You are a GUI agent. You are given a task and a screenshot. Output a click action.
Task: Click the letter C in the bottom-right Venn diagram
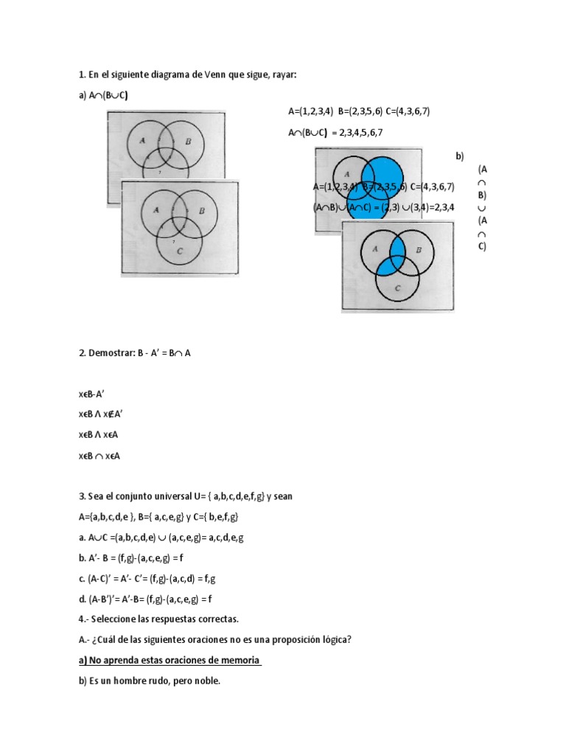pyautogui.click(x=397, y=288)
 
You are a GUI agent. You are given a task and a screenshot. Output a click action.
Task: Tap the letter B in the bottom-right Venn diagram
pyautogui.click(x=419, y=250)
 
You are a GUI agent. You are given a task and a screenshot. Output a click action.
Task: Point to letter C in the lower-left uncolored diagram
pyautogui.click(x=180, y=251)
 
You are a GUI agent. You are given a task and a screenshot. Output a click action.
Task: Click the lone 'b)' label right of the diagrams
pyautogui.click(x=460, y=156)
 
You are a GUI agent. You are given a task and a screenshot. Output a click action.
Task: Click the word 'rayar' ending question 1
pyautogui.click(x=284, y=74)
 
